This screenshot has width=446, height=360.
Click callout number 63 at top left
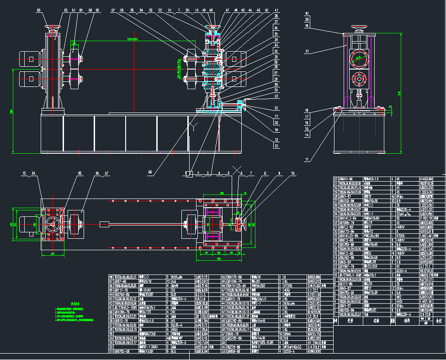tap(38, 10)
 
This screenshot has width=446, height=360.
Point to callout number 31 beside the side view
tap(307, 51)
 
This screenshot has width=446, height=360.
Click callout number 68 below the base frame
tap(150, 172)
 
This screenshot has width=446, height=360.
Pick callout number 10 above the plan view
tap(292, 173)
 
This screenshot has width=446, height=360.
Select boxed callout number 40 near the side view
tap(306, 14)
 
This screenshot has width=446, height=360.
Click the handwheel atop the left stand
tap(54, 28)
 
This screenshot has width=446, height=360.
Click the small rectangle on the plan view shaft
tap(104, 224)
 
